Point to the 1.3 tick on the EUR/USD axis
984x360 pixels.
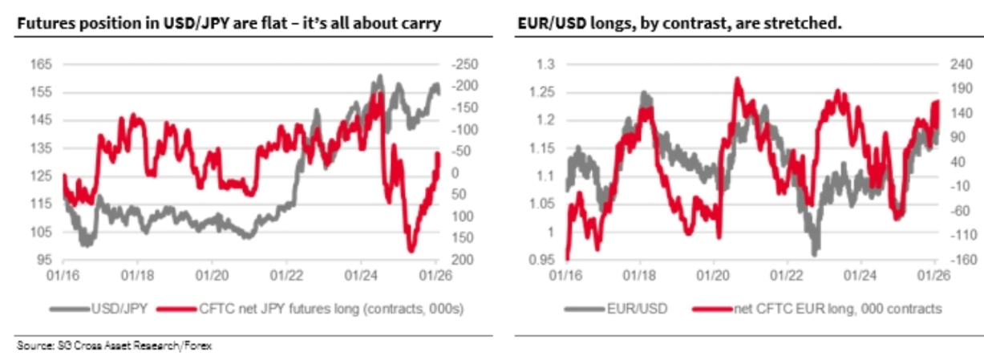click(545, 63)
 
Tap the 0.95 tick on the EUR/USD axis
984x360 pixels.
click(542, 260)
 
